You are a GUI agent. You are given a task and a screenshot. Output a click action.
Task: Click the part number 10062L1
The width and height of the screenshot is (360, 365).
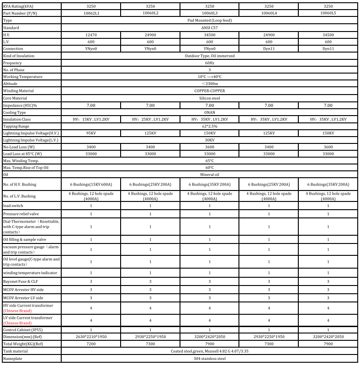click(91, 13)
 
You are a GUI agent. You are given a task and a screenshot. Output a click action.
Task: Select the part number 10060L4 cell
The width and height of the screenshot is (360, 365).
click(269, 13)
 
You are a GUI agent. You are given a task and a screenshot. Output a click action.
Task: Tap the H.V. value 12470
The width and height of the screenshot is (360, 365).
click(91, 35)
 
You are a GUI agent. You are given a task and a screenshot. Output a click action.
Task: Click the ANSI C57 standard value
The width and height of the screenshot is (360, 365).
click(210, 27)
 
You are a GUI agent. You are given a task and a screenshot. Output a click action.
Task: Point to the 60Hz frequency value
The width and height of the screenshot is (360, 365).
click(210, 63)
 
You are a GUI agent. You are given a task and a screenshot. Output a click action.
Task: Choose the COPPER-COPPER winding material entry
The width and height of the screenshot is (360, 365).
click(210, 90)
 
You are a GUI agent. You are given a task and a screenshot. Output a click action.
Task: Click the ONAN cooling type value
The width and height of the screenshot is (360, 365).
click(210, 112)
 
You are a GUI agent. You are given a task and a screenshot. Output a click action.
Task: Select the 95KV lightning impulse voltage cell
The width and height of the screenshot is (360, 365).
click(91, 133)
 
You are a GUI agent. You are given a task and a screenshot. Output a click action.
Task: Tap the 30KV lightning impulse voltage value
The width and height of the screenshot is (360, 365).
click(210, 140)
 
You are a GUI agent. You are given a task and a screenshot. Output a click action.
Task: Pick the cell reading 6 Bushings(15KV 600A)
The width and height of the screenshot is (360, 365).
click(91, 185)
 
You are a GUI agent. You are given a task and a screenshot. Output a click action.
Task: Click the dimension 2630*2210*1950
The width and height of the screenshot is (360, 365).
click(91, 336)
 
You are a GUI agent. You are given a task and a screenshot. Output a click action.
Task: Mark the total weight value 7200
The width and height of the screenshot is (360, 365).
click(91, 344)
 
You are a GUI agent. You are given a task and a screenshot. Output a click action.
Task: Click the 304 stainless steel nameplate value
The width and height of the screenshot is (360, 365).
click(210, 359)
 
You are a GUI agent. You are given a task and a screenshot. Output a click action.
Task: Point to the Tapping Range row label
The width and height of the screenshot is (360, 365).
click(16, 126)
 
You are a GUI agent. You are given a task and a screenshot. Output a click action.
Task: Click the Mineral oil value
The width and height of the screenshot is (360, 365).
click(210, 175)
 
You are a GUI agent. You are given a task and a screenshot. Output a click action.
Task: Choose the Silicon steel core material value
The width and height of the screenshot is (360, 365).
click(210, 98)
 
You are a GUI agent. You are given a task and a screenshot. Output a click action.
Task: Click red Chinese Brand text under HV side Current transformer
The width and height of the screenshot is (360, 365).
click(17, 311)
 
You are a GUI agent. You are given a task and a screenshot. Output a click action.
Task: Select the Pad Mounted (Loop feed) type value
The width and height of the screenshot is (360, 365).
click(210, 21)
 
